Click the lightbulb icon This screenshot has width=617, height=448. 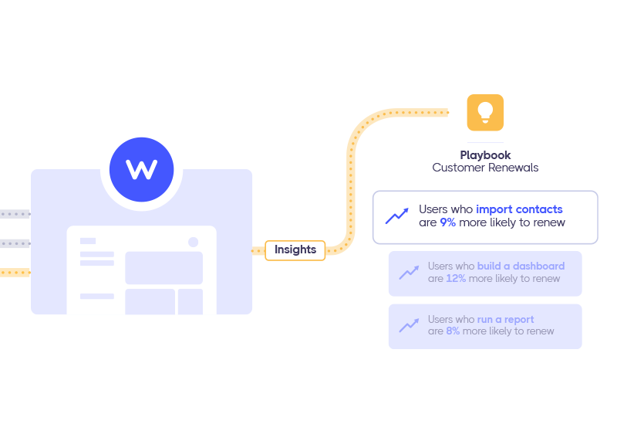485,113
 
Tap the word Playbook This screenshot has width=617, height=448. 485,155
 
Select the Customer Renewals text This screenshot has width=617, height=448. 485,168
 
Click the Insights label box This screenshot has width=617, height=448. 295,249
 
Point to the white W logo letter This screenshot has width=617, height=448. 142,169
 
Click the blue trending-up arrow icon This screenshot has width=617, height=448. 397,216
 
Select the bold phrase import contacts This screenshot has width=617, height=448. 519,209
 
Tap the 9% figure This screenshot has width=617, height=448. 448,222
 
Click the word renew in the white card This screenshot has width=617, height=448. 550,222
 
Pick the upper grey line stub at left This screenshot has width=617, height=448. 15,214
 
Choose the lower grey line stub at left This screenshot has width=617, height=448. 15,244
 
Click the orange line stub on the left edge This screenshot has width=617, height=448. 15,272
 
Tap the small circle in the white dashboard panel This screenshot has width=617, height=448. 193,242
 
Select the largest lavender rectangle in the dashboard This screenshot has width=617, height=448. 164,267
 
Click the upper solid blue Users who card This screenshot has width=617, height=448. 484,273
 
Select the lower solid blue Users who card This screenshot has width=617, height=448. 484,325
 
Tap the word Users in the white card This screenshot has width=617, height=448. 432,209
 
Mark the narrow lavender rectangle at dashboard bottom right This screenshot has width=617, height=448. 190,301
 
